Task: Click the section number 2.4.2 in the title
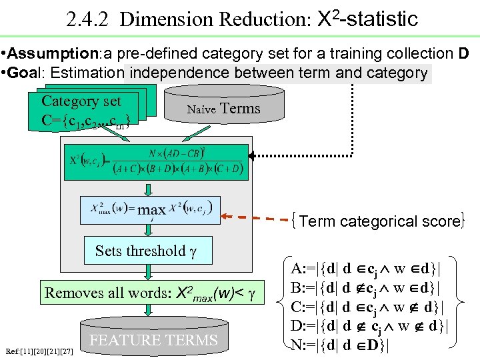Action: click(89, 19)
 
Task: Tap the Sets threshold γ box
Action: click(146, 251)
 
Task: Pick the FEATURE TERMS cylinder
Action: click(154, 339)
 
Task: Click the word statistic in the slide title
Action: click(380, 18)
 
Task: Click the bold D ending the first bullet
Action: click(463, 53)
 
